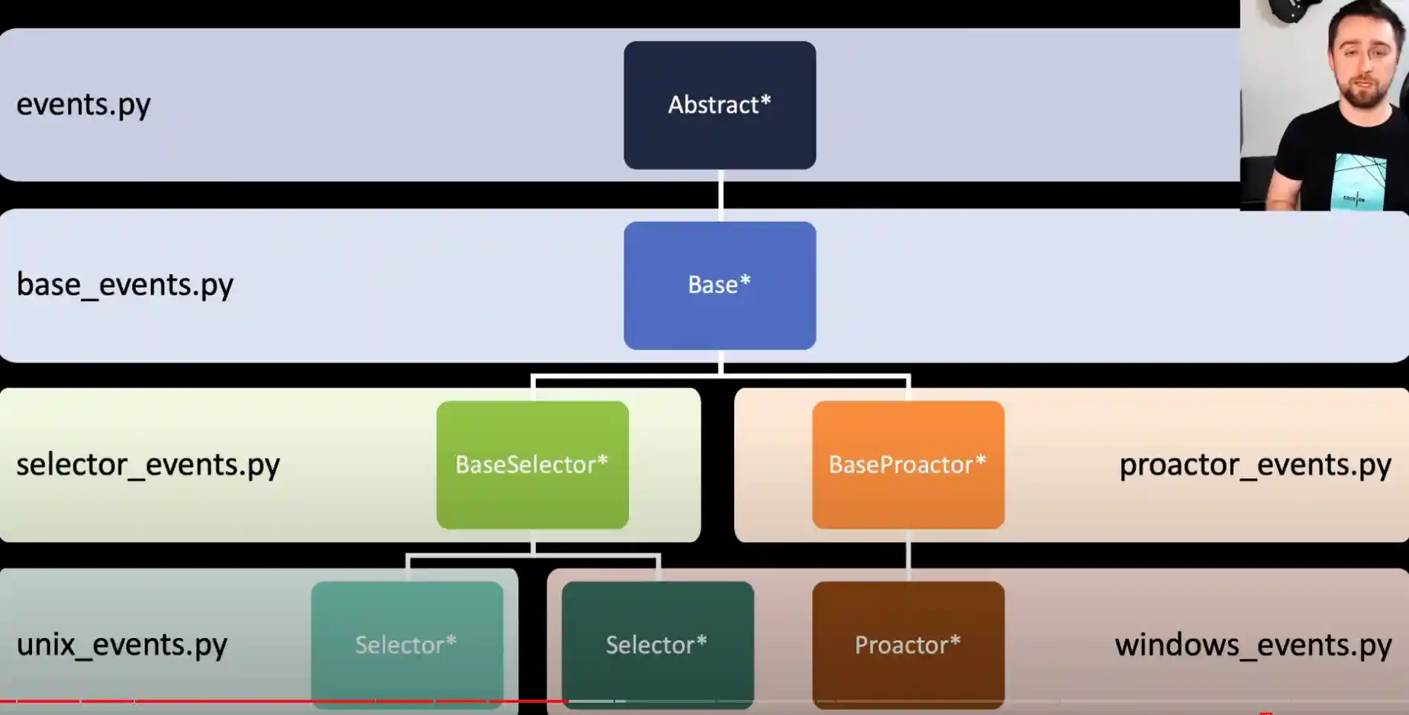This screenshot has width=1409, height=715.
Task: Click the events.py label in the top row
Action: click(x=84, y=105)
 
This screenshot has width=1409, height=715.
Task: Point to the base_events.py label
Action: click(x=125, y=285)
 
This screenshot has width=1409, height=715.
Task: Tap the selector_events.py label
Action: click(x=148, y=465)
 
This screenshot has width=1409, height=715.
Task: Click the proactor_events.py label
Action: click(x=1255, y=465)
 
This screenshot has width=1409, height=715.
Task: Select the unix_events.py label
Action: click(x=122, y=645)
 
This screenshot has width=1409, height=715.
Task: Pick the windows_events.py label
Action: click(x=1253, y=645)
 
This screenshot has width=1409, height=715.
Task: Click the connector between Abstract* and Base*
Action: click(x=720, y=195)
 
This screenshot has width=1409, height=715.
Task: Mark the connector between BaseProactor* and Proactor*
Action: click(x=908, y=555)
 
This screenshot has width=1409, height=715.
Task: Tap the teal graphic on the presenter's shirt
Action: click(x=1359, y=180)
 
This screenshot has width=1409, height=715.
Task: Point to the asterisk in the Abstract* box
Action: click(x=766, y=100)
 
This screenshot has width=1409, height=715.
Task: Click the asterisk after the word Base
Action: click(x=745, y=280)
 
